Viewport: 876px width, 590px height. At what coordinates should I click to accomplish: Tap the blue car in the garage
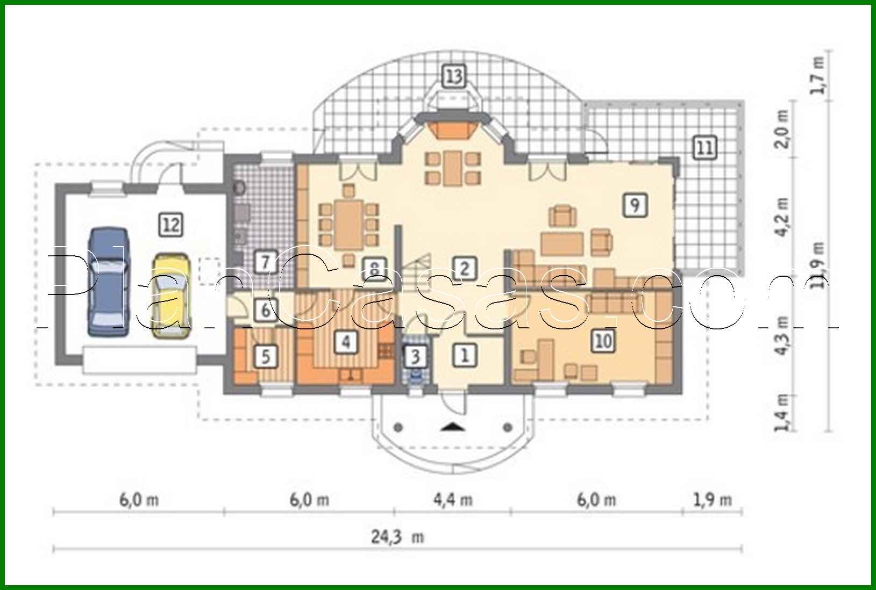[x=109, y=282]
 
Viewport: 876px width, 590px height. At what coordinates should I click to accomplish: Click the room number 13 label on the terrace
[x=453, y=76]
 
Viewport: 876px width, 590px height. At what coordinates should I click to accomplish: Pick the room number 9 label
[x=635, y=205]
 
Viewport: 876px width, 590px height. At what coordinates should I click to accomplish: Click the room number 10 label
[x=603, y=340]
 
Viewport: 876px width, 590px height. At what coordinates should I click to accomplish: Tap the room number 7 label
[x=265, y=263]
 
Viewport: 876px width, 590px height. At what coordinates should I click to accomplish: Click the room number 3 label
[x=415, y=356]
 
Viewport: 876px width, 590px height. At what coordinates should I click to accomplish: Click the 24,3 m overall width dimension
[x=397, y=536]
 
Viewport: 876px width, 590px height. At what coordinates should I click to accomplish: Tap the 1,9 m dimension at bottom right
[x=712, y=500]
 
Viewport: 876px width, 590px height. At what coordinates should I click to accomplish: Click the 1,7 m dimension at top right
[x=817, y=75]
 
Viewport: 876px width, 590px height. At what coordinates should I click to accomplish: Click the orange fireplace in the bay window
[x=453, y=129]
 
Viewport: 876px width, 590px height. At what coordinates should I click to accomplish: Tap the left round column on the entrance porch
[x=398, y=428]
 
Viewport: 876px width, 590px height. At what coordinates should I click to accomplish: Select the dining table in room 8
[x=350, y=224]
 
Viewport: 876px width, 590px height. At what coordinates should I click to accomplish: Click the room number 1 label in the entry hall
[x=465, y=355]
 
